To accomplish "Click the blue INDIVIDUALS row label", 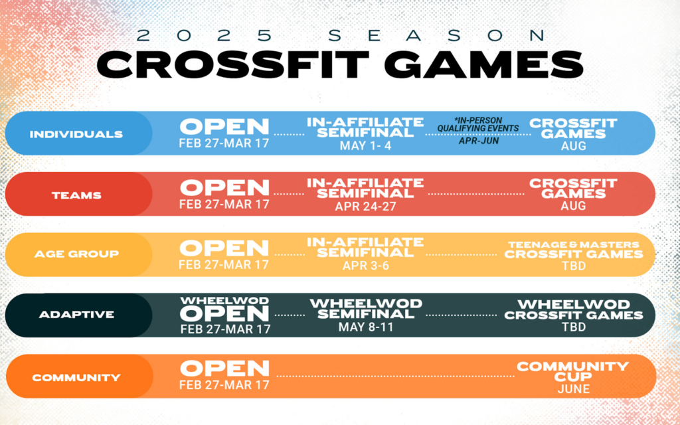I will [x=76, y=134].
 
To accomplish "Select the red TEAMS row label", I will [x=76, y=195].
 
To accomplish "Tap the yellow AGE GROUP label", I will [x=76, y=254].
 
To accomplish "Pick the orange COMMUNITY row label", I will [x=76, y=377].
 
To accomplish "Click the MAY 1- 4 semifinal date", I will [x=365, y=146].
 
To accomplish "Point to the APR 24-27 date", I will [x=365, y=206].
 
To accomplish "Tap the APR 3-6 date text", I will [x=365, y=264].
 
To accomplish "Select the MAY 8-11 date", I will [x=365, y=326].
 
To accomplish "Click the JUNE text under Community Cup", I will [x=572, y=388].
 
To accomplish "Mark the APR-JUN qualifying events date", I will [x=477, y=141].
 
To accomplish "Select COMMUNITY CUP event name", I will [x=572, y=371].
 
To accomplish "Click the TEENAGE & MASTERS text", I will [x=575, y=244].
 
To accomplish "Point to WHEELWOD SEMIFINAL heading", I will [x=365, y=309].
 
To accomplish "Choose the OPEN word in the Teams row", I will [x=224, y=187].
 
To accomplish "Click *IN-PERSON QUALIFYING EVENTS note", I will [x=477, y=125].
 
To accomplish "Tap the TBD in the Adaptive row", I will [x=572, y=327].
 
